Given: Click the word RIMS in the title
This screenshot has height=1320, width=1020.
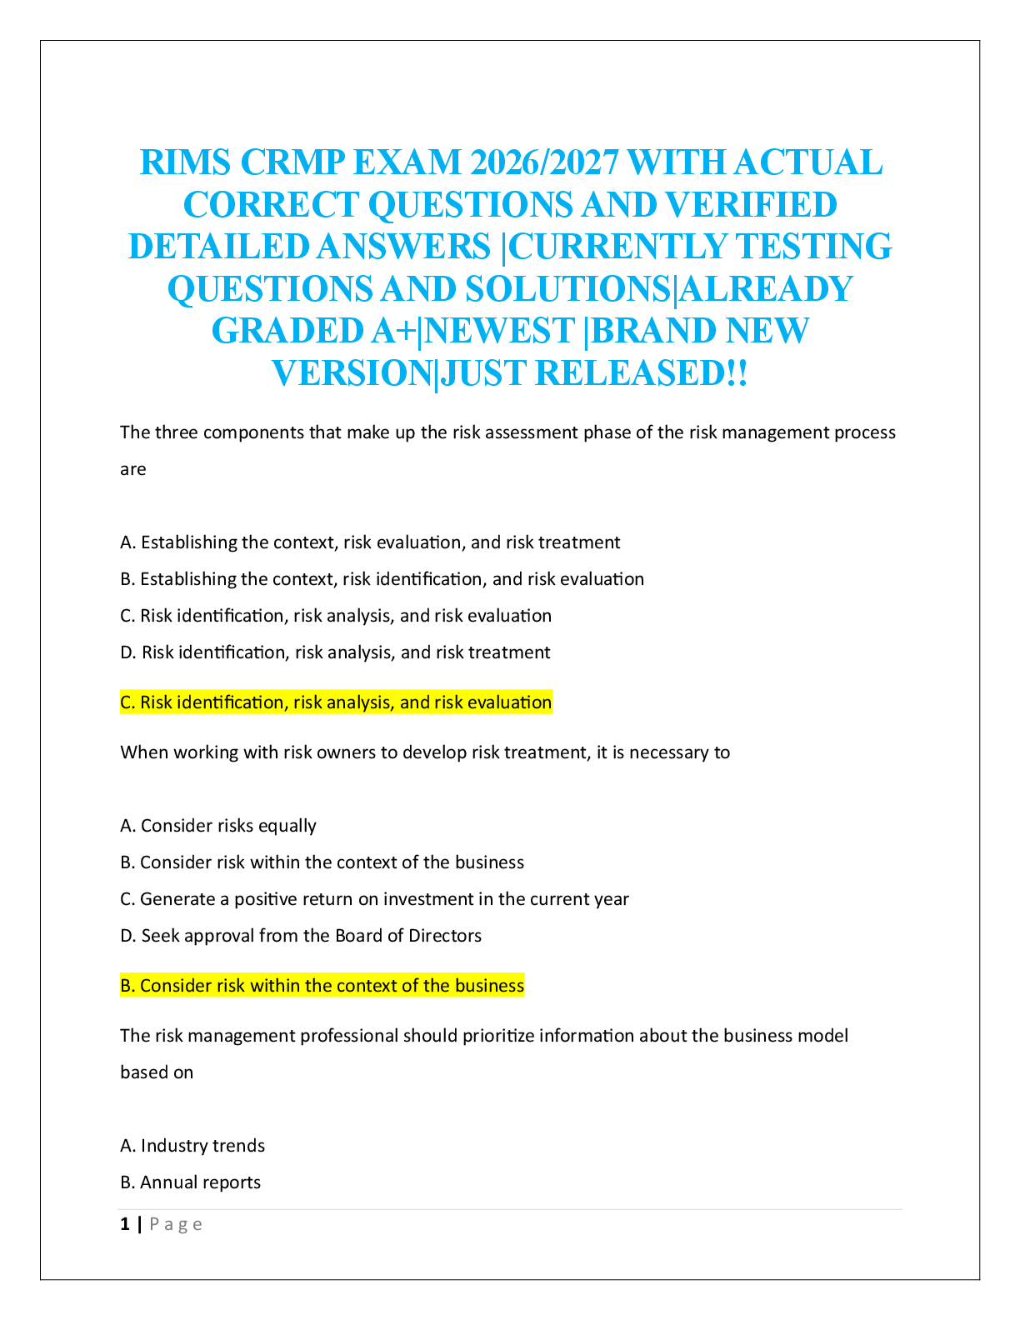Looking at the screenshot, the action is (x=185, y=162).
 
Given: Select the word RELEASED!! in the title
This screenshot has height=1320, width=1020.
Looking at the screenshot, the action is (x=641, y=373).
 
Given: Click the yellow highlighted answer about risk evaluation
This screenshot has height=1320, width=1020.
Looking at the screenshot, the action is (x=336, y=702).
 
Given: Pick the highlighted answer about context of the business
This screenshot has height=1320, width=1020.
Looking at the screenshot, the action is (x=322, y=985).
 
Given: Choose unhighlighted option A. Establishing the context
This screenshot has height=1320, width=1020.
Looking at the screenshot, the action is (x=370, y=542).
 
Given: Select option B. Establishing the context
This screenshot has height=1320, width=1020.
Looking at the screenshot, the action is (x=382, y=579).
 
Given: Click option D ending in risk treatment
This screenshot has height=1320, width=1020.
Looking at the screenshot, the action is (x=335, y=652).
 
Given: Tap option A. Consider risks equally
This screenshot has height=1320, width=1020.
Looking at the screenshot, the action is (x=218, y=826).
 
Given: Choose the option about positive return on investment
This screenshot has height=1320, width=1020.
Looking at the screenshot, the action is (x=374, y=898).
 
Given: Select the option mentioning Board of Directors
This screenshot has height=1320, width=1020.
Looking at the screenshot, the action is (x=301, y=935).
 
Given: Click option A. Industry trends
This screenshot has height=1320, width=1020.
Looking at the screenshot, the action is (x=192, y=1145).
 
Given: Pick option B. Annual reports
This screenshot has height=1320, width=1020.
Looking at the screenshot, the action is (x=190, y=1182).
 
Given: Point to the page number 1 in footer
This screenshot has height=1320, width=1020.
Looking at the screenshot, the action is (x=125, y=1224).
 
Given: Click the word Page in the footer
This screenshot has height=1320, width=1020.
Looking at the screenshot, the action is (x=176, y=1225).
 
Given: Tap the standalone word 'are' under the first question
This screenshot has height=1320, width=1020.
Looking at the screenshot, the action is (x=133, y=469).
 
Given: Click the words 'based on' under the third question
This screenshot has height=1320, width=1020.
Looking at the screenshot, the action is (x=157, y=1072).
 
